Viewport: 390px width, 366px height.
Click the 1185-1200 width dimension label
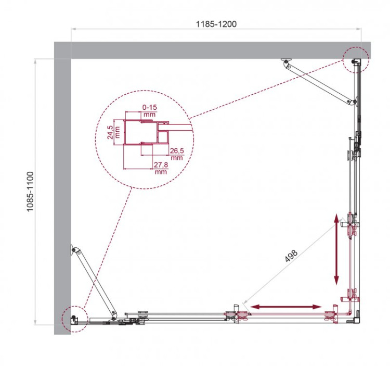217,23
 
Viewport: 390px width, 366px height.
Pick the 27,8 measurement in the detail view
161,165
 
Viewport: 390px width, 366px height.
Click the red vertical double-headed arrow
337,247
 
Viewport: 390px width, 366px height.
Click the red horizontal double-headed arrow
285,307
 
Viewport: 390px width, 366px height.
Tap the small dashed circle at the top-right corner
356,59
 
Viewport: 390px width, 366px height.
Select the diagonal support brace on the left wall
93,281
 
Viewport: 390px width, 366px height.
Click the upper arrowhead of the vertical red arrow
337,218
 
